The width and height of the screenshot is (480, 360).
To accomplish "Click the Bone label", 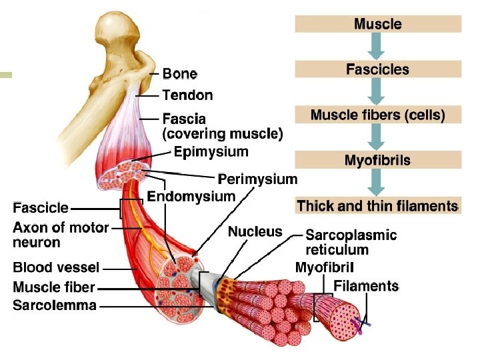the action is click(180, 73).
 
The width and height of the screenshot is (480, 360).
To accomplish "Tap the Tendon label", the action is click(187, 95).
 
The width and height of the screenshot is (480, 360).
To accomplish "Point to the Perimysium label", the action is click(258, 179).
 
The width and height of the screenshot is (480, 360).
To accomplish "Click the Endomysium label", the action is click(191, 196).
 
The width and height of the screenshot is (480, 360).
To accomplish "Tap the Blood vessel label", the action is click(56, 268).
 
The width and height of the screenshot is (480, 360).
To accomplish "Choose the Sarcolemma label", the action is click(55, 306).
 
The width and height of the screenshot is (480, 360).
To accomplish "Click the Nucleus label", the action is click(255, 232).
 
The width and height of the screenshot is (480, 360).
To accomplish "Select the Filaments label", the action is click(366, 287).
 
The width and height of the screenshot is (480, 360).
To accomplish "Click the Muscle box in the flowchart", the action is click(378, 24).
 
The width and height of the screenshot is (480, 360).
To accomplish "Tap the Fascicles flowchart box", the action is click(378, 69).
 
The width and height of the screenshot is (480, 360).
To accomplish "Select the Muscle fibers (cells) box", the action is click(378, 115).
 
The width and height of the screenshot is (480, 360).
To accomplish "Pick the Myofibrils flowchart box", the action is click(378, 160).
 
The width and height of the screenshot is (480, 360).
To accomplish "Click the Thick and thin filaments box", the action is click(378, 206).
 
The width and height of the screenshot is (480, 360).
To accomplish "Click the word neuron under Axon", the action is click(37, 243).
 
